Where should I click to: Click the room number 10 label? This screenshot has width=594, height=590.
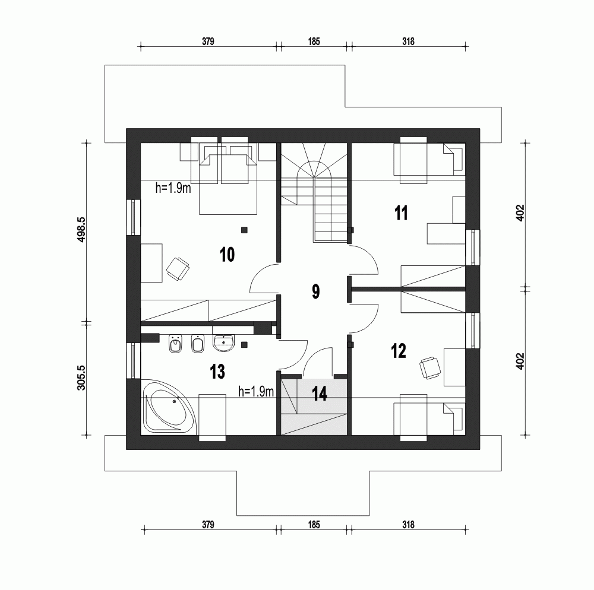point(227,255)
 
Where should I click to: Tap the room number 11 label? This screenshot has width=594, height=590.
point(402,213)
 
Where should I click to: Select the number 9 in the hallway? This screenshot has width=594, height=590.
point(315,291)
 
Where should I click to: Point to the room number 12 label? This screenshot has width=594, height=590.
point(399,351)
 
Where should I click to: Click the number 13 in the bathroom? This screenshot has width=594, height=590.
point(217,372)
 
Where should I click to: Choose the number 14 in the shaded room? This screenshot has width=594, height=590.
point(320,394)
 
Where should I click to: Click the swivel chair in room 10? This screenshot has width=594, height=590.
point(178,268)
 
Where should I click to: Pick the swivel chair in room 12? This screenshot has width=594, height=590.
point(430,368)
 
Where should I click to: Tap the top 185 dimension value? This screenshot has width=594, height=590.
point(314,42)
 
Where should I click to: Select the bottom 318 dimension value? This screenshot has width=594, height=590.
point(407,525)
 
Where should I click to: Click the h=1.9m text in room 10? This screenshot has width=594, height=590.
point(173,188)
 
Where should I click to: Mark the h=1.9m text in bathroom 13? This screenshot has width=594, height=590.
point(256,391)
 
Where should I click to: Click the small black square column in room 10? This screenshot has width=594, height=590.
point(244,230)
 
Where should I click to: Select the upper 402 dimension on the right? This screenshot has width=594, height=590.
point(520,214)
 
